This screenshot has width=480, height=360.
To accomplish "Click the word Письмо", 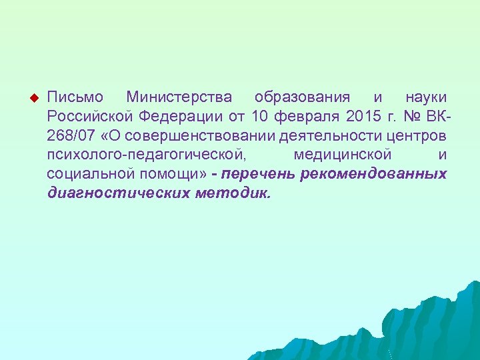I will click(75, 98).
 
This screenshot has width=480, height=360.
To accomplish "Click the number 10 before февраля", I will click(261, 117).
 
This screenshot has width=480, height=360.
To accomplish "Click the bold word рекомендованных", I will click(373, 174).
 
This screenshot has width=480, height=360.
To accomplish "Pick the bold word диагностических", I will click(119, 193).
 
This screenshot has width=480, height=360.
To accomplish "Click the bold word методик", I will click(233, 193).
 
